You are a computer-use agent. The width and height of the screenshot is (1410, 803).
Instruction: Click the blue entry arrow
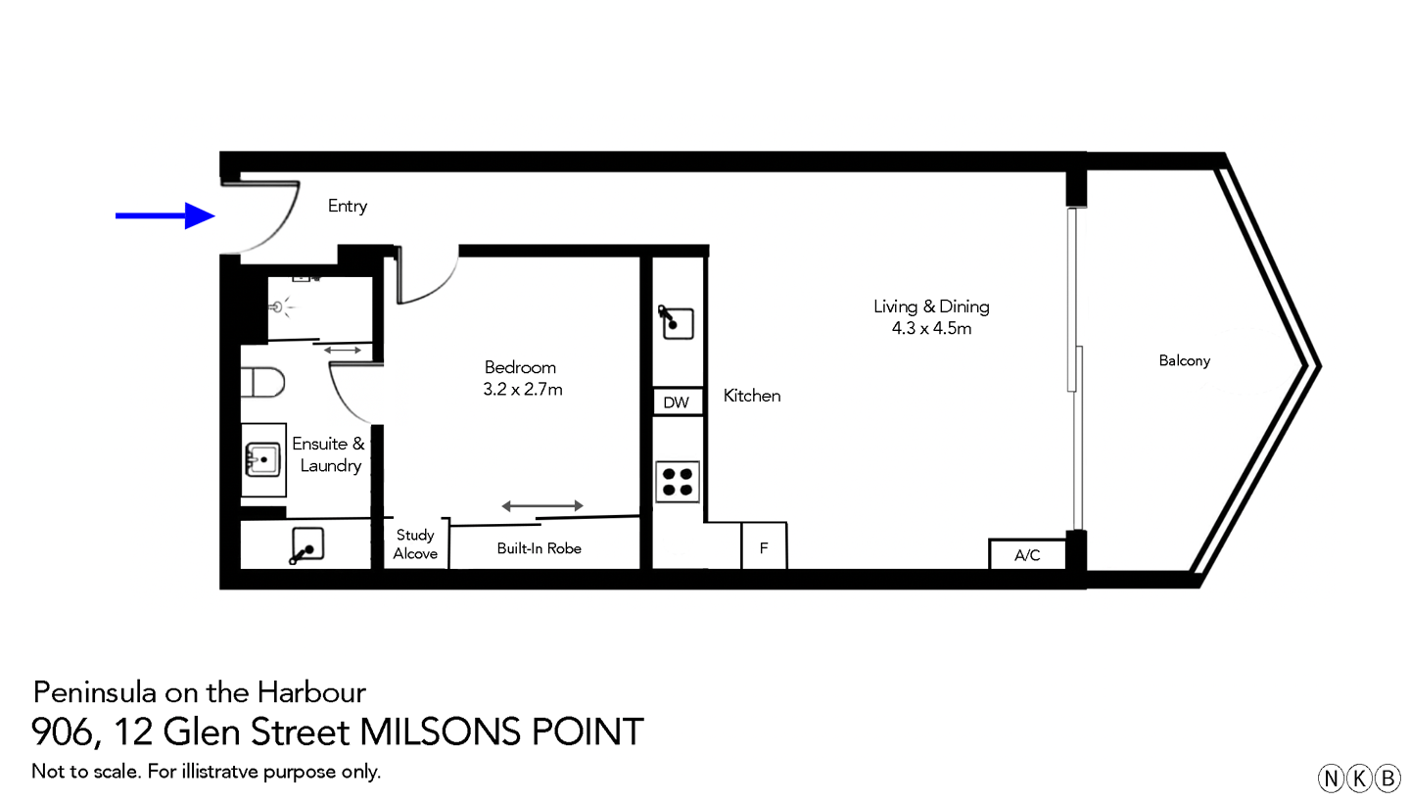tap(166, 215)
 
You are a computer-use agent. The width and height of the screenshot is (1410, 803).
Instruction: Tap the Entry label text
tap(348, 206)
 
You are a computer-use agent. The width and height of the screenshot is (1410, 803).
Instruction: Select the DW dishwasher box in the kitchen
tap(677, 402)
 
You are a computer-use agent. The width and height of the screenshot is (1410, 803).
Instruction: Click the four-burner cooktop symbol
tap(677, 481)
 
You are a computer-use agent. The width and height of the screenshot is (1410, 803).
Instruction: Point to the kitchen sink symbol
tap(677, 322)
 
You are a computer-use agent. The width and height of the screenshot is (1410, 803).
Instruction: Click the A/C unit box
tap(1027, 555)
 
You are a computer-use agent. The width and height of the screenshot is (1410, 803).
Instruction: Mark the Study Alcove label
tap(415, 544)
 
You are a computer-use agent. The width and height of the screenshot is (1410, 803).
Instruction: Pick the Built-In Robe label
tap(539, 548)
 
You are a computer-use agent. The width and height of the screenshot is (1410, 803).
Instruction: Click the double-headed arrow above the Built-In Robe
tap(542, 505)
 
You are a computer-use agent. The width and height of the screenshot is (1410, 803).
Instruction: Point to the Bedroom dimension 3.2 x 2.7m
tap(524, 389)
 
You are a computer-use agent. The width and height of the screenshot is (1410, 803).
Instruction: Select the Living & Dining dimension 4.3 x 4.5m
tap(931, 328)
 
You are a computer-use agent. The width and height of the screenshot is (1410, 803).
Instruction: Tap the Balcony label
tap(1184, 360)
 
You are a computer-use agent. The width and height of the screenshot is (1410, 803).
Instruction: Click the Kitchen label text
tap(752, 396)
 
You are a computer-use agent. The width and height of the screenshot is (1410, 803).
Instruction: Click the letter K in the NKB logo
tap(1359, 779)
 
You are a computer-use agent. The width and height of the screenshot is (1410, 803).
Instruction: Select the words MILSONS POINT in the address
tap(502, 732)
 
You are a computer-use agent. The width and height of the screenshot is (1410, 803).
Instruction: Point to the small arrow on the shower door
tap(342, 350)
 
